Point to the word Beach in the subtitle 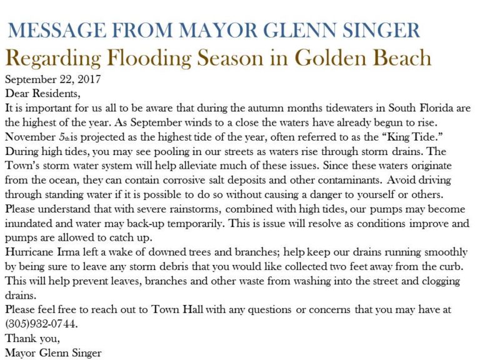397,57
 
